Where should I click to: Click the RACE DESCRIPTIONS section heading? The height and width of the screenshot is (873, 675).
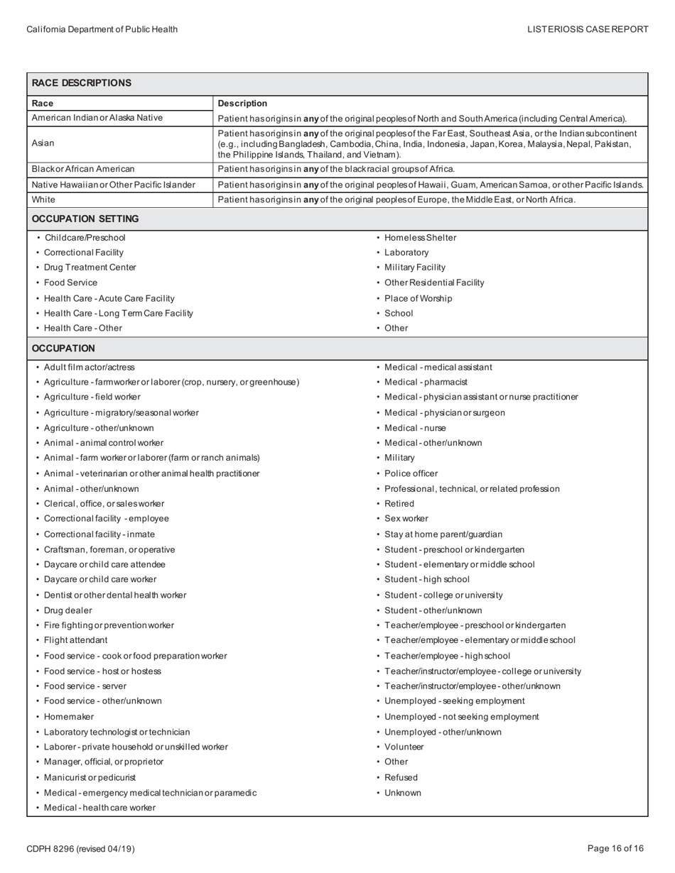pyautogui.click(x=82, y=83)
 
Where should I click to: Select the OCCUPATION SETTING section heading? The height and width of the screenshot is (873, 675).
pyautogui.click(x=85, y=219)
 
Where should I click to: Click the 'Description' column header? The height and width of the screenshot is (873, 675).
pyautogui.click(x=242, y=104)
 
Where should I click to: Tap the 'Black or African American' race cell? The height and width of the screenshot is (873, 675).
pyautogui.click(x=83, y=169)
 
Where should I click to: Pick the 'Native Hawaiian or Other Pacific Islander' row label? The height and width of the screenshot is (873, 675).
pyautogui.click(x=114, y=185)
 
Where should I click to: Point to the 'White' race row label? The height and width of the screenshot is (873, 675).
pyautogui.click(x=43, y=199)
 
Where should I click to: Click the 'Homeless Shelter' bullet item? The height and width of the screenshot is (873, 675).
pyautogui.click(x=420, y=238)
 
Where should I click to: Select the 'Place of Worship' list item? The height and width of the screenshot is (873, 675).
pyautogui.click(x=418, y=298)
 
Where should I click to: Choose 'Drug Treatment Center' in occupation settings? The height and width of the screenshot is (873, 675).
pyautogui.click(x=90, y=268)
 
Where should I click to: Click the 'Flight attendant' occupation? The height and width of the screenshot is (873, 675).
pyautogui.click(x=76, y=640)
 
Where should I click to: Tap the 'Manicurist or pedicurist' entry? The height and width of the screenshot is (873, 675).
pyautogui.click(x=90, y=777)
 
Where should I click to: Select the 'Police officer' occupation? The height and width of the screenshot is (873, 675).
pyautogui.click(x=411, y=473)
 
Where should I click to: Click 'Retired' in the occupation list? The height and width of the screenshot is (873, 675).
pyautogui.click(x=399, y=504)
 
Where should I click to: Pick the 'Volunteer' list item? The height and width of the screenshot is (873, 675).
pyautogui.click(x=404, y=747)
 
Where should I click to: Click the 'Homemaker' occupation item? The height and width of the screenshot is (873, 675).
pyautogui.click(x=69, y=717)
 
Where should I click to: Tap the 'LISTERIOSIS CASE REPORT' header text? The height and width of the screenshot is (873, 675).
pyautogui.click(x=588, y=29)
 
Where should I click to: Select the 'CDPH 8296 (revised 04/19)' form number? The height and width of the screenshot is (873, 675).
pyautogui.click(x=80, y=849)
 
